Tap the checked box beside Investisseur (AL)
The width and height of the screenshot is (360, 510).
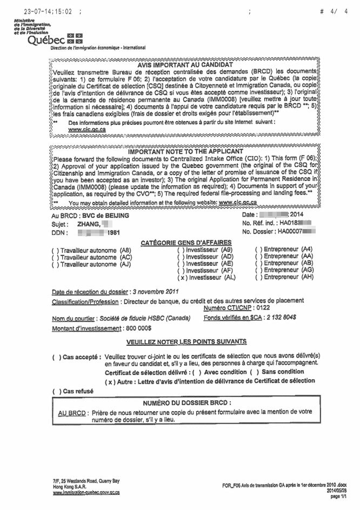pos(183,277)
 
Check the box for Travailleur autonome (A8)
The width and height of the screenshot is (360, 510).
pos(55,251)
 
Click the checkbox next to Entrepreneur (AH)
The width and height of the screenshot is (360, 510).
pos(259,277)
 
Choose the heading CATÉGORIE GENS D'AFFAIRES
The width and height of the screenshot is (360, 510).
pos(186,242)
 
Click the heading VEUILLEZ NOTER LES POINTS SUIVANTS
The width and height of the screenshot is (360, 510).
pos(186,341)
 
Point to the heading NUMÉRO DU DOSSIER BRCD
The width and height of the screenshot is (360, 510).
pos(187,402)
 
